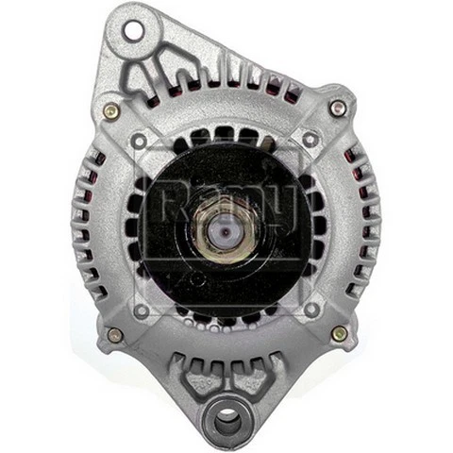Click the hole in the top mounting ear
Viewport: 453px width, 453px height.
pos(132,30)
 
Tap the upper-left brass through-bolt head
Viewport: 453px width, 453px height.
pos(111,110)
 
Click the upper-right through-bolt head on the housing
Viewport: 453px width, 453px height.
pos(337,109)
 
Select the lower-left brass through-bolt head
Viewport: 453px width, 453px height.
pos(115,335)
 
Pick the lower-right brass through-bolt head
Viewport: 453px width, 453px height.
pos(339,333)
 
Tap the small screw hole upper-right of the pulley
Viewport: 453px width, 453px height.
pos(310,140)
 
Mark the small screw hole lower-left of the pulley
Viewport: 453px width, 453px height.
pos(142,309)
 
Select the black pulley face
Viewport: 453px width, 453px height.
pos(226,274)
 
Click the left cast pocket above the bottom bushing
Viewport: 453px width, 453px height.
pos(195,381)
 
